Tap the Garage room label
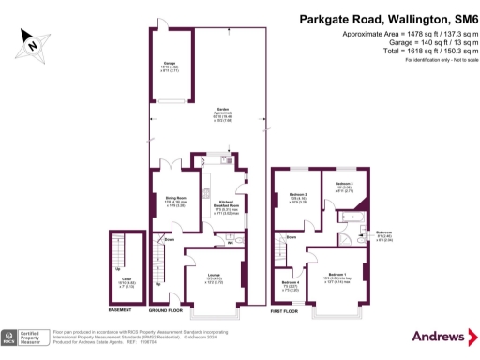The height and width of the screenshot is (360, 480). (x=171, y=66)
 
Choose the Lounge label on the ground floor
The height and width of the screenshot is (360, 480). (x=214, y=275)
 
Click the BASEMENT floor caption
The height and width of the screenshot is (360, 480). (x=120, y=309)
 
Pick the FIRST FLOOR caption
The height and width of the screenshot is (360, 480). (x=283, y=309)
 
